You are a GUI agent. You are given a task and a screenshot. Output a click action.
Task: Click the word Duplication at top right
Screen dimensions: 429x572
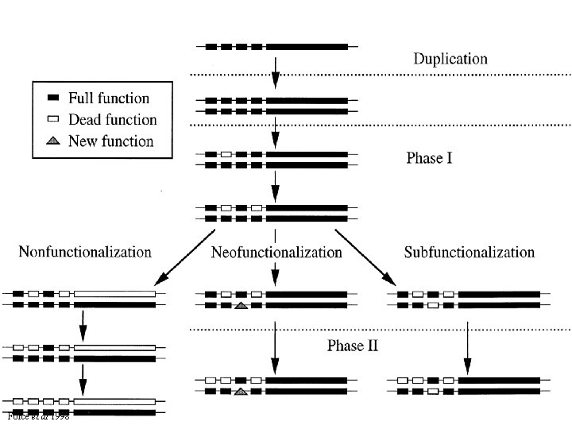coord(450,59)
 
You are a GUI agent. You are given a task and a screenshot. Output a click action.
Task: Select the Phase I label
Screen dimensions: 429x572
coord(429,158)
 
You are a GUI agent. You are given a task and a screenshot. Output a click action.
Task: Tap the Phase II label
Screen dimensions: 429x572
coord(353,346)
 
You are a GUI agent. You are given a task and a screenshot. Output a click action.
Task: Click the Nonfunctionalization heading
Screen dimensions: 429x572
coord(85,253)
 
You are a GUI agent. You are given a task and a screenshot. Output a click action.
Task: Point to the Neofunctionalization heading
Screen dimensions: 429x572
coord(276,253)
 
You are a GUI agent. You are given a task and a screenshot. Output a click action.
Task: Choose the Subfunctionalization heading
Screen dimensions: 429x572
coord(469,253)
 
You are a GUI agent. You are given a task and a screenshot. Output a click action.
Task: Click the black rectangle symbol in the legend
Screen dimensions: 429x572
coord(54,99)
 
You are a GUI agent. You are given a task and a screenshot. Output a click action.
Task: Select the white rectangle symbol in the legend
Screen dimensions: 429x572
coord(54,120)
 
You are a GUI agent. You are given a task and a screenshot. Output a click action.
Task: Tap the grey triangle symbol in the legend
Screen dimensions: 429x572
coord(54,141)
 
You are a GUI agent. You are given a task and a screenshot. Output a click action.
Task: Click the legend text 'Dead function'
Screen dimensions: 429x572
coord(112,120)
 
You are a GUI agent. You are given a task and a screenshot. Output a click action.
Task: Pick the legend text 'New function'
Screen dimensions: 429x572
coord(110,141)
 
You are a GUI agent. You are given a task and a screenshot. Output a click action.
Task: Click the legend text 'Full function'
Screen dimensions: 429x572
coord(109,99)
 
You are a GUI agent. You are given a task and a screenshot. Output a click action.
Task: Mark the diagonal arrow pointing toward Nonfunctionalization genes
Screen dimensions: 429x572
coord(184,257)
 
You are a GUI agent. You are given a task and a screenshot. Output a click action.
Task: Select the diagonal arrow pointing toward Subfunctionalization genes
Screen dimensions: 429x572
coord(365,257)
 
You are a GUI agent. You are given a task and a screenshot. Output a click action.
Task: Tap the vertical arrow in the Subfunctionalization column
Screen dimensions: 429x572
coord(467,347)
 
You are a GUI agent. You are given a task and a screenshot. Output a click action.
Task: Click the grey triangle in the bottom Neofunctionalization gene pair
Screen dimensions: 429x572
coord(241,391)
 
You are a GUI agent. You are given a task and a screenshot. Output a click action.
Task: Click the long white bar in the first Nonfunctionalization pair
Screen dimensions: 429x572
coord(115,293)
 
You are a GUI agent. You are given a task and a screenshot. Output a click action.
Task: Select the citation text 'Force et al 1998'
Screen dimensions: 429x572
coord(37,417)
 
